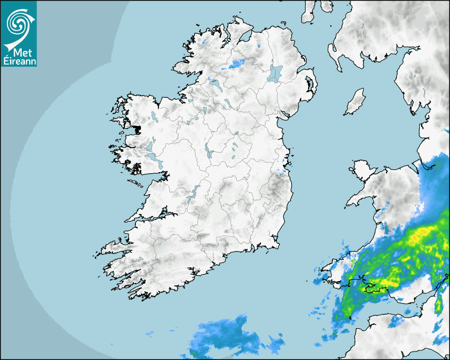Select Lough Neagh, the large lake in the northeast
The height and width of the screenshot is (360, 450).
click(x=275, y=73)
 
